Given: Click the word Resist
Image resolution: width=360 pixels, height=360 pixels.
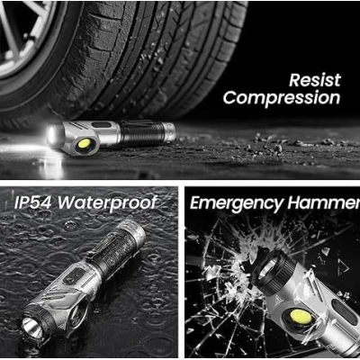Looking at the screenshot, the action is [315, 80].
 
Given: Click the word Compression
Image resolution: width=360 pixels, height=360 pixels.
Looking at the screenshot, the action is [282, 98].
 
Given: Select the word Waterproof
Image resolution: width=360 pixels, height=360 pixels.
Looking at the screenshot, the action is [107, 203].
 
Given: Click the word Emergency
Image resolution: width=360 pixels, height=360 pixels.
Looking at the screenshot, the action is [237, 203].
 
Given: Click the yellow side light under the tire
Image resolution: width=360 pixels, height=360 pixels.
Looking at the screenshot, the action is [84, 144].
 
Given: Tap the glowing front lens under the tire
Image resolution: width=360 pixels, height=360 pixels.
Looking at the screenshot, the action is [53, 137].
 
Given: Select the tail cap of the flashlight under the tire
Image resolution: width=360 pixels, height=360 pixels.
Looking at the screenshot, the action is [168, 131].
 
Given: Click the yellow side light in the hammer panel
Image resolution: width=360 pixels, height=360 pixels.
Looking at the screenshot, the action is [301, 318].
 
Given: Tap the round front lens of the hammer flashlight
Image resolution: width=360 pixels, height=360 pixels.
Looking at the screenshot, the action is [267, 267].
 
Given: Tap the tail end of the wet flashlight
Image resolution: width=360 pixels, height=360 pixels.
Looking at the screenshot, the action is [134, 232].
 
